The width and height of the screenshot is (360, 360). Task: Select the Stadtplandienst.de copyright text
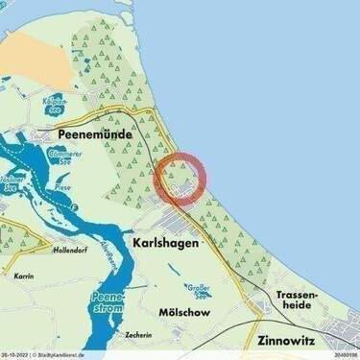tap(68, 354)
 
